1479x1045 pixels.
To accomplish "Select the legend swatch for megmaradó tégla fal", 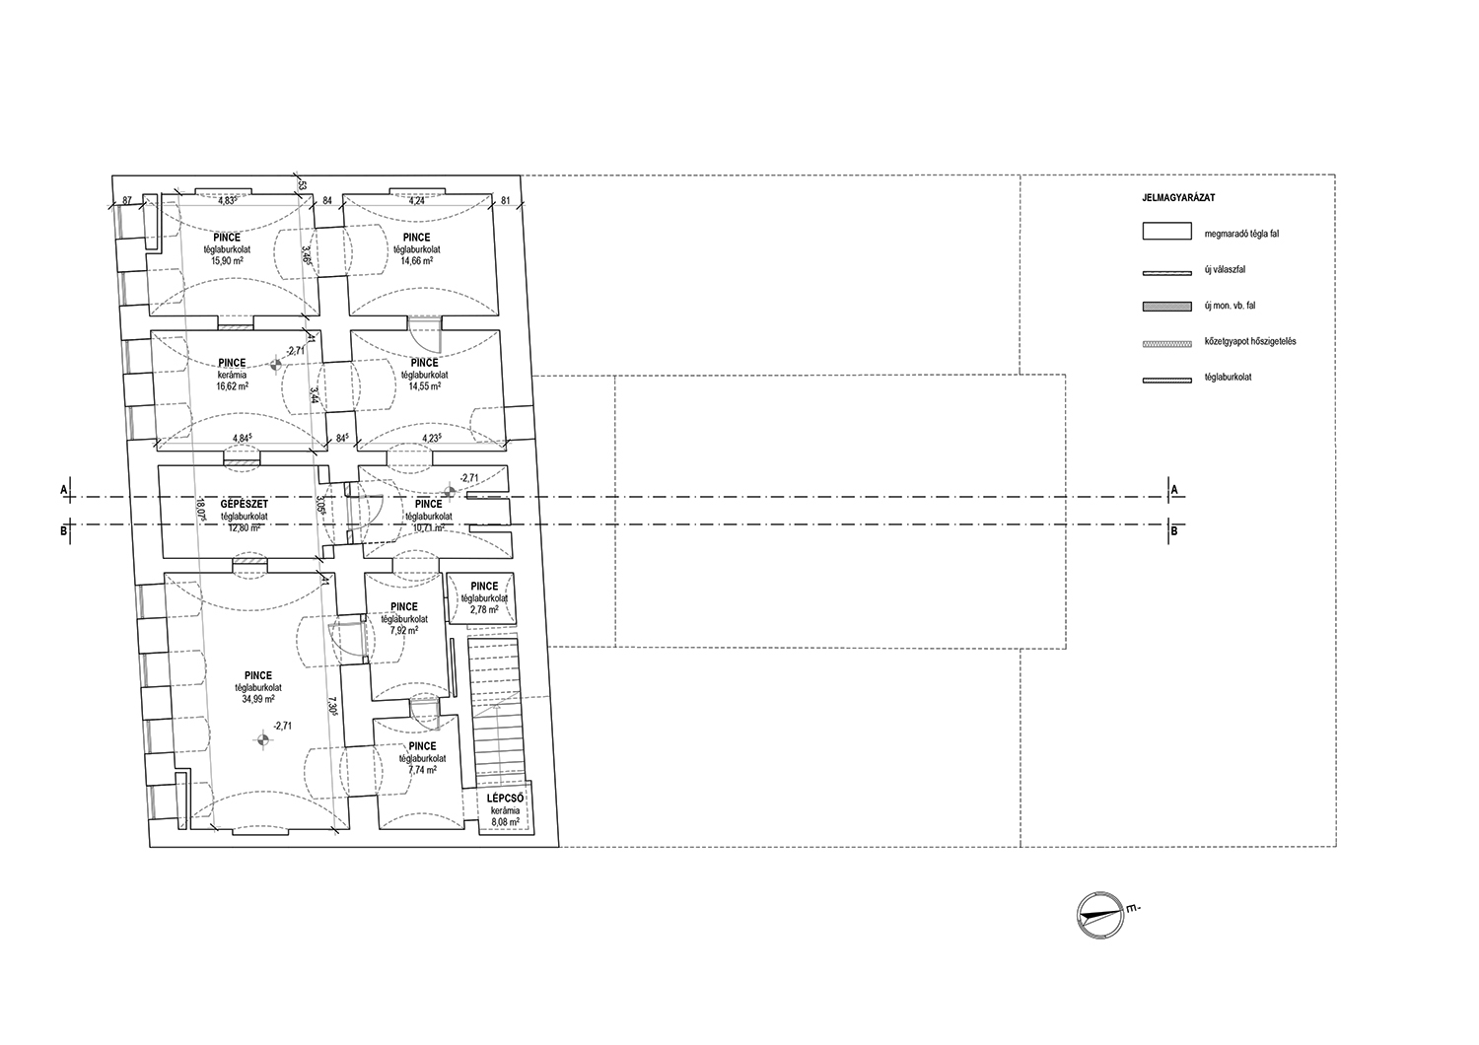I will (1166, 234).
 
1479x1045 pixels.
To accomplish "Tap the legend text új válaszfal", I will (1225, 269).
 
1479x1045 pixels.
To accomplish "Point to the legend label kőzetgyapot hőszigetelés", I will (1250, 341).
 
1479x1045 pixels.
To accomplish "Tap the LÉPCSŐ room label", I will (505, 798).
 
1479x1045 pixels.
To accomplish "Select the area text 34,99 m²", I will (258, 699).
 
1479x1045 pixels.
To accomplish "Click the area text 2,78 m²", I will (484, 609).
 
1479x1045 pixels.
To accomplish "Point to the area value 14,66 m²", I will (416, 262).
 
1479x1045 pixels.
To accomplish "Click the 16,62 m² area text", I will (232, 387).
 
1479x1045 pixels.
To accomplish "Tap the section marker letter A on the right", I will (1174, 489).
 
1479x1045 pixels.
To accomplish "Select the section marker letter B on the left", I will (64, 531).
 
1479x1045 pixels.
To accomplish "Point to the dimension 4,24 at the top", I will (417, 201).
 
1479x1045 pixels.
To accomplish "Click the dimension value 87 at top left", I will (127, 201).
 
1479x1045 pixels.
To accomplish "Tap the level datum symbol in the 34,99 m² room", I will (262, 738).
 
